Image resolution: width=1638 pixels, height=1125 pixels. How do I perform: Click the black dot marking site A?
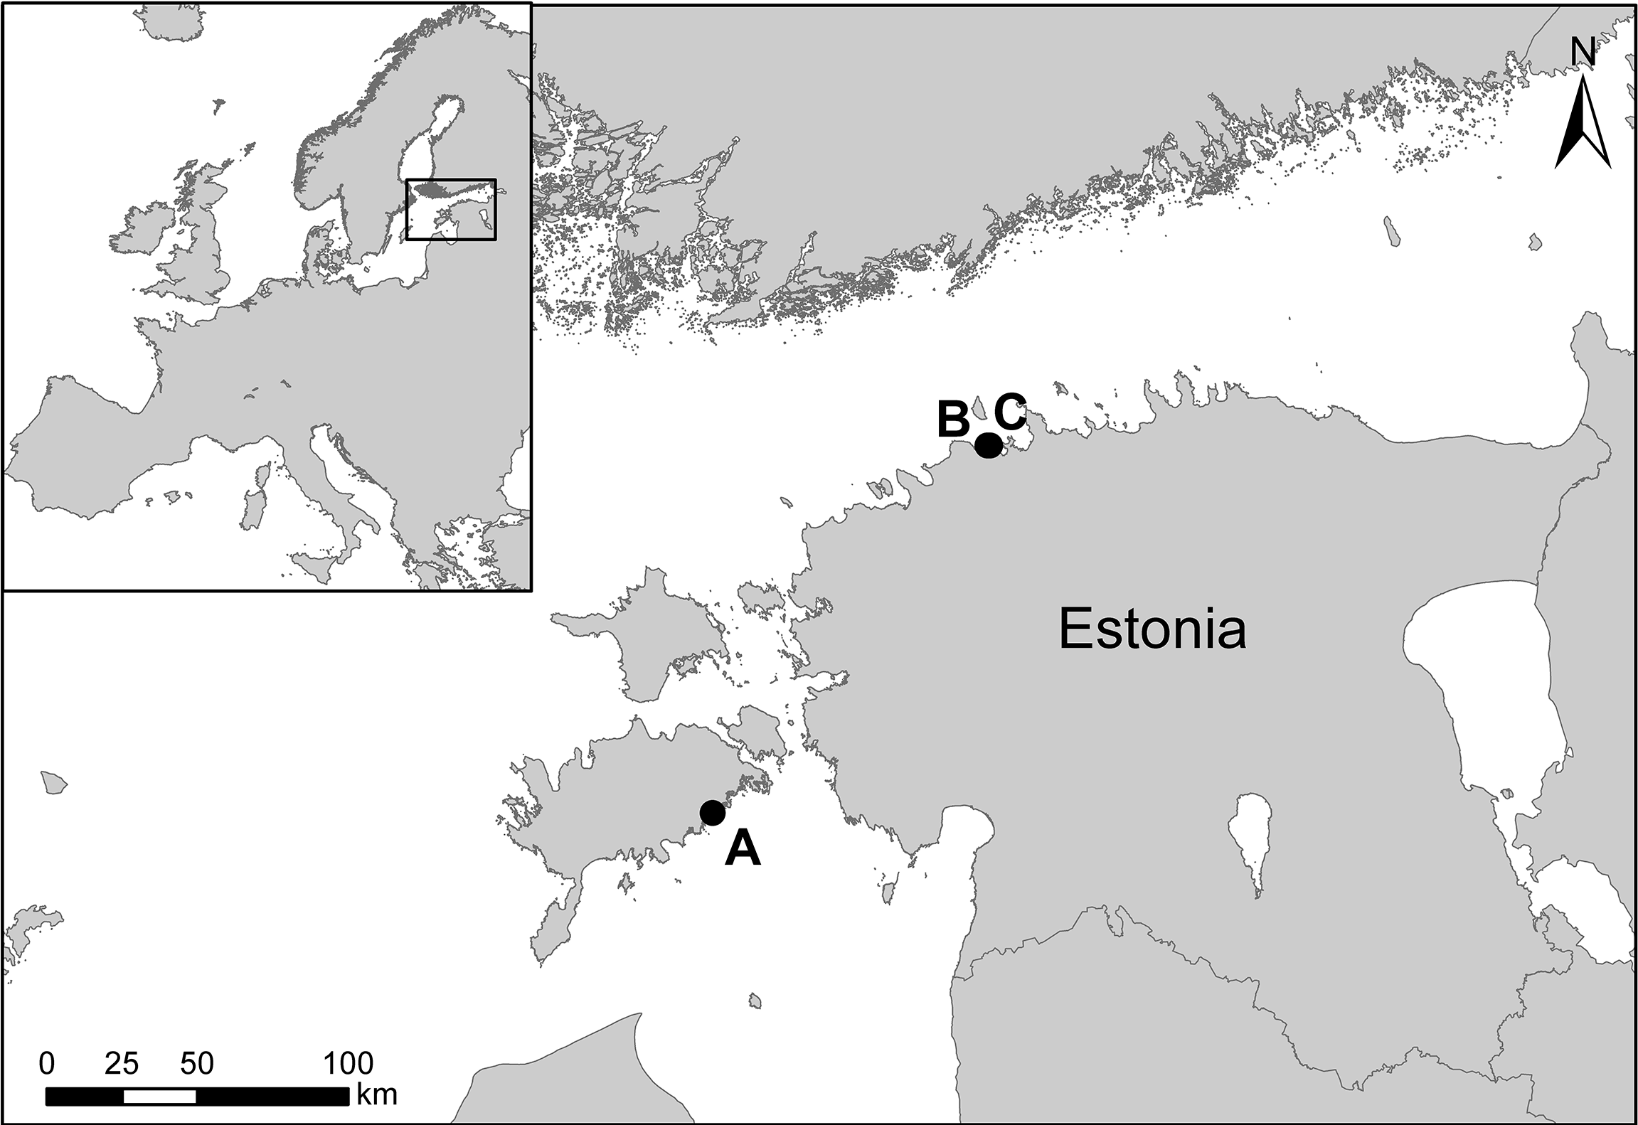712,812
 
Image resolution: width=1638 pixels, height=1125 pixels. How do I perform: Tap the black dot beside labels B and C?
988,445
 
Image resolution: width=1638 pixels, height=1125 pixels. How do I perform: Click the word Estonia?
1152,630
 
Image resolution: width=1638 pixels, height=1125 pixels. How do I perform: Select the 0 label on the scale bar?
47,1064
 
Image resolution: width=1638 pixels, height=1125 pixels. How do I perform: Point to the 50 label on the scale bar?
197,1064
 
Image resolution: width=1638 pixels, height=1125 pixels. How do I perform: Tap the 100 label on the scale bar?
349,1064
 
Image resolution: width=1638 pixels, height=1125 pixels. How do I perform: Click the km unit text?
377,1094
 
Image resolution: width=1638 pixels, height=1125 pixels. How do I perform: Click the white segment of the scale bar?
159,1097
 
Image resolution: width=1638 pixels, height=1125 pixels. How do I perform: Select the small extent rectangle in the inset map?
451,209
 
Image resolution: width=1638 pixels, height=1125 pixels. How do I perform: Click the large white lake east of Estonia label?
1479,683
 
